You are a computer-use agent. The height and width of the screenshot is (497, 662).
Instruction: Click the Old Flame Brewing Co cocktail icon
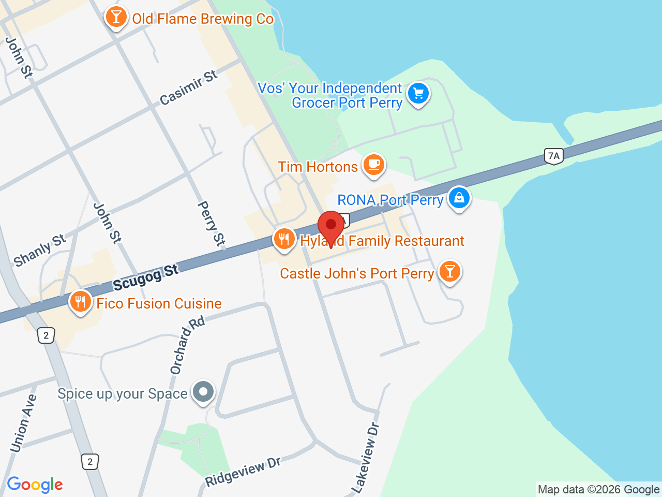point(116,18)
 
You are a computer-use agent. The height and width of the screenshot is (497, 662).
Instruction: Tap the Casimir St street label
point(189,87)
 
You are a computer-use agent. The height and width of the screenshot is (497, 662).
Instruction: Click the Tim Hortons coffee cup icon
point(373,165)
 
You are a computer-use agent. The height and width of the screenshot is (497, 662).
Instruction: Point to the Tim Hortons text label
point(318,167)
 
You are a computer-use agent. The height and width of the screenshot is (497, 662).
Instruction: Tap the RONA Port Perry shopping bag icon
point(459,198)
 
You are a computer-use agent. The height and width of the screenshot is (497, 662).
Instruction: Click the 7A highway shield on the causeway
point(553,156)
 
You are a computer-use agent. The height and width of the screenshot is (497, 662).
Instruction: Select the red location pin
point(331,226)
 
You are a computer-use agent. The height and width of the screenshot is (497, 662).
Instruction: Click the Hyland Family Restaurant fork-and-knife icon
point(284,239)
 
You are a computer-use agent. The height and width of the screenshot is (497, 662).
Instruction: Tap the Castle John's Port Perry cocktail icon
point(449,271)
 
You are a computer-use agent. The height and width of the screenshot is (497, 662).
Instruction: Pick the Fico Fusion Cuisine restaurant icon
point(80,301)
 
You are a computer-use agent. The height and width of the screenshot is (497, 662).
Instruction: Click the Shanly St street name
point(40,250)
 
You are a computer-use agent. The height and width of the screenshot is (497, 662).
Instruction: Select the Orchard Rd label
point(187,345)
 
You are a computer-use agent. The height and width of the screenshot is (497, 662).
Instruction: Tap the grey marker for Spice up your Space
point(203,392)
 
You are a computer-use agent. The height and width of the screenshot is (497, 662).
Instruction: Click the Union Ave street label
point(23,423)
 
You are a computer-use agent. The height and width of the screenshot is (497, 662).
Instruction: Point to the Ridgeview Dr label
point(243,472)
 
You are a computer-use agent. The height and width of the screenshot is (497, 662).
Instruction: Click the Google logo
point(35,485)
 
